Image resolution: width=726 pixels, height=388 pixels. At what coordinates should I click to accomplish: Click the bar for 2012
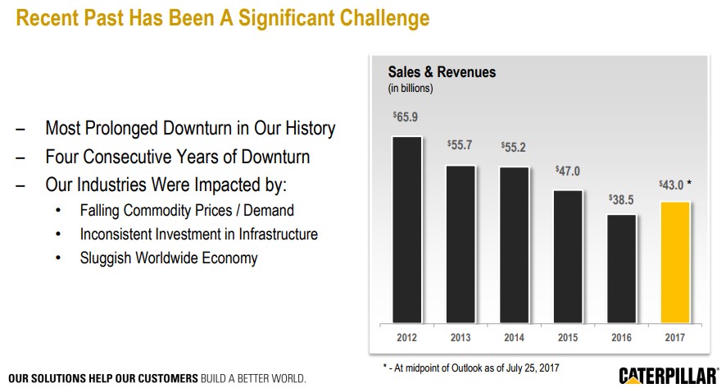406,229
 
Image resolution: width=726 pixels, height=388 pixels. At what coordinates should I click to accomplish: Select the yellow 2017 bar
674,262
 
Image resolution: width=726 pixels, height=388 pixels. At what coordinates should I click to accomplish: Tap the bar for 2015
568,256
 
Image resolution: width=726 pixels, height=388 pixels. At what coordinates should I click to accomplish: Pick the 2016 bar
621,268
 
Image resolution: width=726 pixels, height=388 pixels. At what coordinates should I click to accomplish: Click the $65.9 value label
406,117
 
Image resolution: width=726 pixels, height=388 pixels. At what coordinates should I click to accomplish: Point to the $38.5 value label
621,199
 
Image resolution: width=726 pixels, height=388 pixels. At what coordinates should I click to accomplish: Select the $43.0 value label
673,185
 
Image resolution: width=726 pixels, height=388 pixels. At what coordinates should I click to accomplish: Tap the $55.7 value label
460,144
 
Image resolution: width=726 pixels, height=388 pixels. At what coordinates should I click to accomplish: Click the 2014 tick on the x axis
514,336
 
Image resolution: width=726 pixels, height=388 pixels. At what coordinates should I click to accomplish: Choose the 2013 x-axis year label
460,336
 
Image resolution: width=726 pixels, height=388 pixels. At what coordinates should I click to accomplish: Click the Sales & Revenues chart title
442,72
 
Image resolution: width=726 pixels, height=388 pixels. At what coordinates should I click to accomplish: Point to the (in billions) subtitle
410,88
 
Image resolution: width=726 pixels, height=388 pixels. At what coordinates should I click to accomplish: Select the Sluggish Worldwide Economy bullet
169,258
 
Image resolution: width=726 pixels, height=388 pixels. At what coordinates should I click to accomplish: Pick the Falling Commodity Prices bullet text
187,211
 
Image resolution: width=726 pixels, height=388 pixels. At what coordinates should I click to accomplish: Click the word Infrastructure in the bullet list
272,235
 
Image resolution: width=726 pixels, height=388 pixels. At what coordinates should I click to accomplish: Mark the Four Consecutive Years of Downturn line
177,155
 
